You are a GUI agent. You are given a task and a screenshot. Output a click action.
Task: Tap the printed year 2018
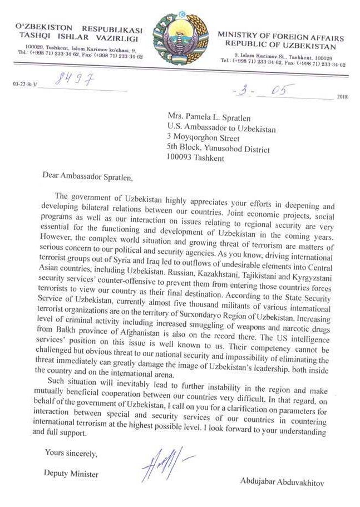coord(342,97)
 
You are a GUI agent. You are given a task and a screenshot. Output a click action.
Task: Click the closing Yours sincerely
coord(71,454)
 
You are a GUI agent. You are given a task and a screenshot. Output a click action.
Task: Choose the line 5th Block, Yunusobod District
coord(219,149)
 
